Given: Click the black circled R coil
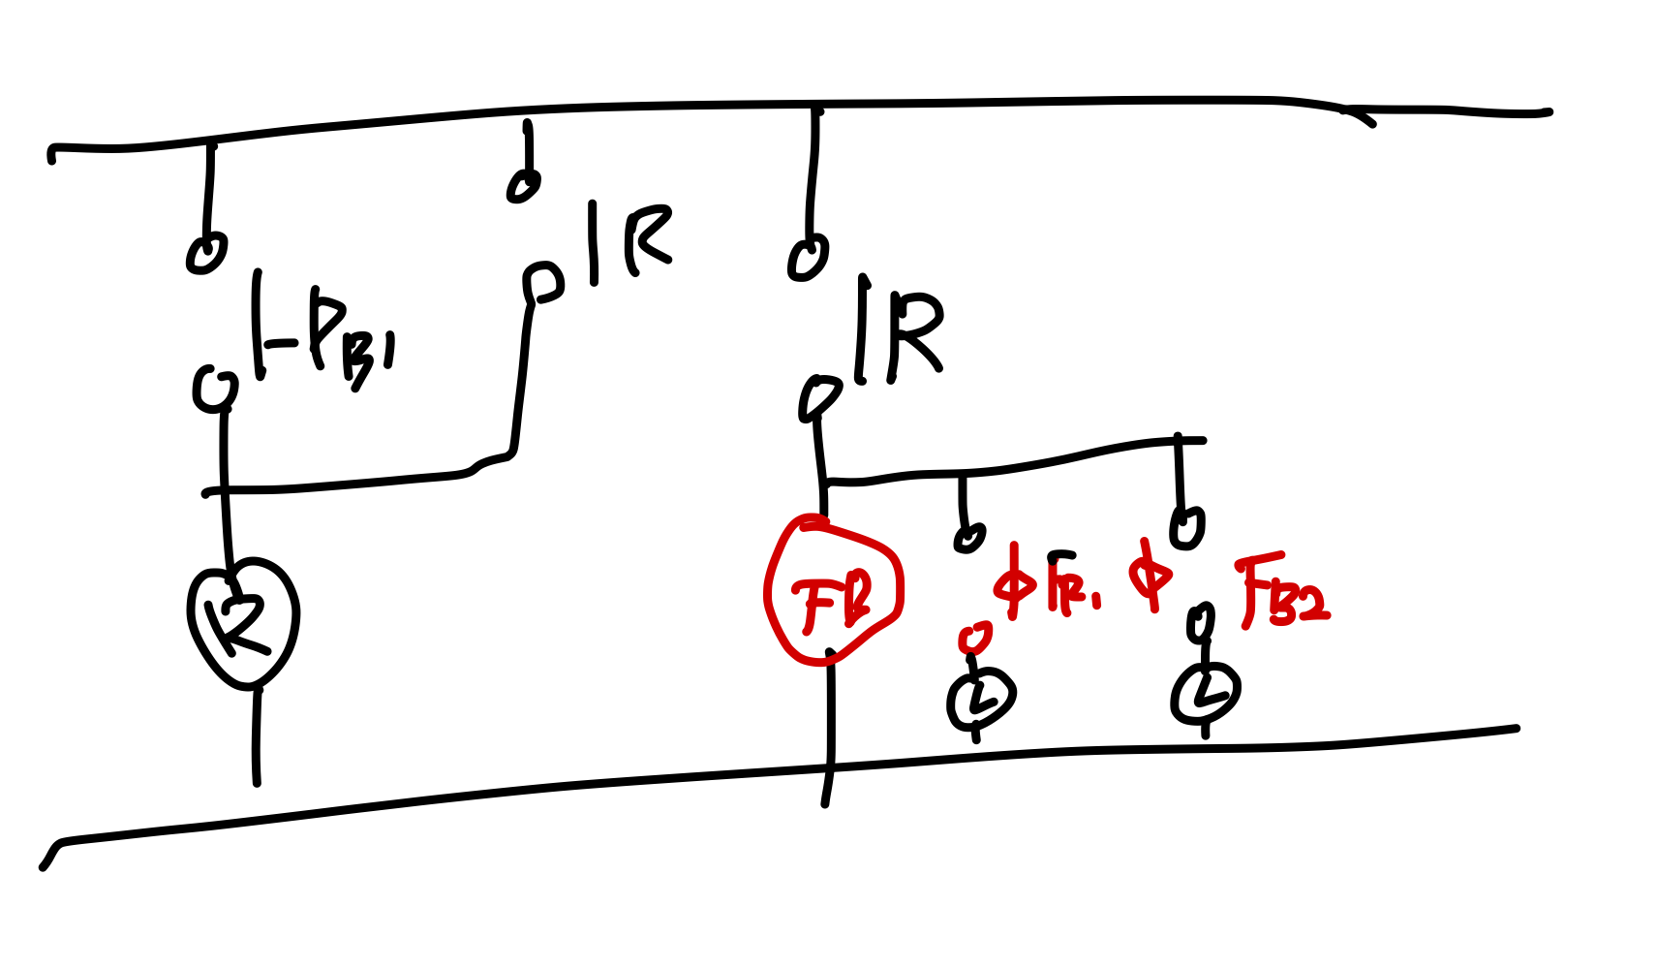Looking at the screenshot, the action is coord(242,620).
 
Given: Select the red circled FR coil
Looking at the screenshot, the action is coord(833,591).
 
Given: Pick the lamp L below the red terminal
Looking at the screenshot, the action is coord(980,698).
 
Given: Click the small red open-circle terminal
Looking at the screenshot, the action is coord(974,638).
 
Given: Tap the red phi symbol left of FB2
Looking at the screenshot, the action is coord(1151,577).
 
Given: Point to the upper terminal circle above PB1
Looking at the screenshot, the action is coord(206,254).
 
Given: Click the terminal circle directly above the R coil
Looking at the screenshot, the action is coord(214,389).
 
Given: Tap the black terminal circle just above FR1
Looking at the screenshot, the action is coord(968,536).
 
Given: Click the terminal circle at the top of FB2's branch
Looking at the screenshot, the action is coord(1187,526).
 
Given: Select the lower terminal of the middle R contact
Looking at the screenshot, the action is coord(542,282).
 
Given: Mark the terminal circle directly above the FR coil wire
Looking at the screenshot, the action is coord(819,397).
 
